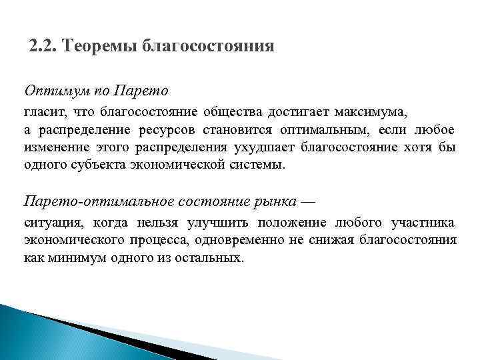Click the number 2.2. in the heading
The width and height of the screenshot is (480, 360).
tap(44, 47)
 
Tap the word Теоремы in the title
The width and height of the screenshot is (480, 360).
tap(99, 47)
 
